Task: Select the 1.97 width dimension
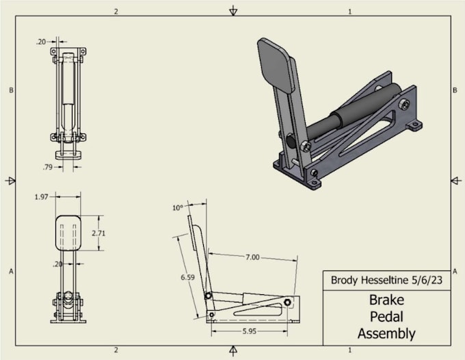(x=41, y=197)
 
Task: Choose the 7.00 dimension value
(x=253, y=257)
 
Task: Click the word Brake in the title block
(x=386, y=300)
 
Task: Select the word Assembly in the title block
(x=386, y=334)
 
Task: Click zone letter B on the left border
(x=11, y=90)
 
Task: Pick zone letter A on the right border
(x=455, y=272)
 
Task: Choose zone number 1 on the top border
(x=349, y=12)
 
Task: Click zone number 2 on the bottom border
(x=116, y=350)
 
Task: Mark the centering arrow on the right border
(x=454, y=180)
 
